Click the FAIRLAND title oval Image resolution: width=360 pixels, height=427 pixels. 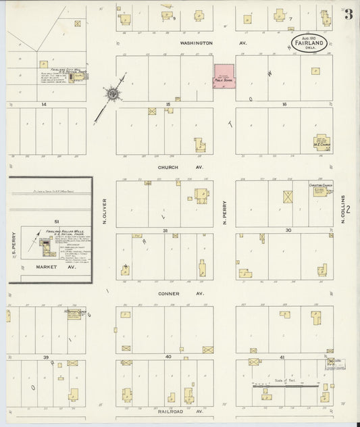click(x=309, y=45)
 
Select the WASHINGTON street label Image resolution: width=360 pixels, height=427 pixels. click(x=196, y=43)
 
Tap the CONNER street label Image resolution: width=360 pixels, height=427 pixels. click(x=168, y=294)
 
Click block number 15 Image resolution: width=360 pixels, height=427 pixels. click(x=167, y=105)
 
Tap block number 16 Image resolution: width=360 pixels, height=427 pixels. click(x=284, y=105)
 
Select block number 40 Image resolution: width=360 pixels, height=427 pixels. click(x=168, y=356)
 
